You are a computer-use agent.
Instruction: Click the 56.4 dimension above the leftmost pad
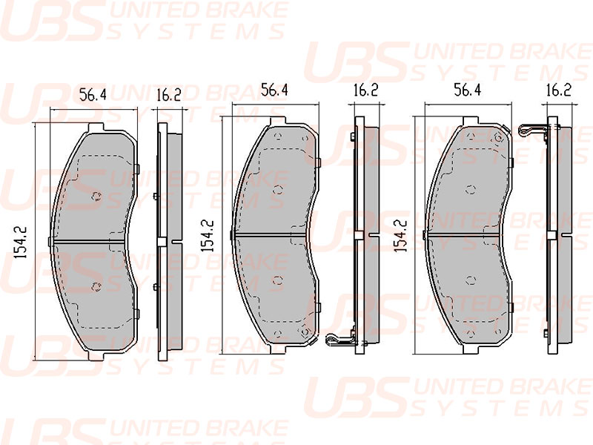pyautogui.click(x=93, y=95)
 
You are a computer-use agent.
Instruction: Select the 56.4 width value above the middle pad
pyautogui.click(x=274, y=90)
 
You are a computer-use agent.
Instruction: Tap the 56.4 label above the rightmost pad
pyautogui.click(x=468, y=90)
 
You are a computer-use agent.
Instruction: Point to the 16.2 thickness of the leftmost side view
pyautogui.click(x=169, y=95)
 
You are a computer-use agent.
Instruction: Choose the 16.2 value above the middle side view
pyautogui.click(x=365, y=90)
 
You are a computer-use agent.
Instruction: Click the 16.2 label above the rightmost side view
pyautogui.click(x=559, y=90)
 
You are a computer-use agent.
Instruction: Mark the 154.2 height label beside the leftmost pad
pyautogui.click(x=21, y=243)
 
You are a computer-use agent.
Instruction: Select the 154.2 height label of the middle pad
pyautogui.click(x=208, y=236)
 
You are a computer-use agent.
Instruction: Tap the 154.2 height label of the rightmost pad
pyautogui.click(x=400, y=236)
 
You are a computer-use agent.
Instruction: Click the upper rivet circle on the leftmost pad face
pyautogui.click(x=97, y=196)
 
